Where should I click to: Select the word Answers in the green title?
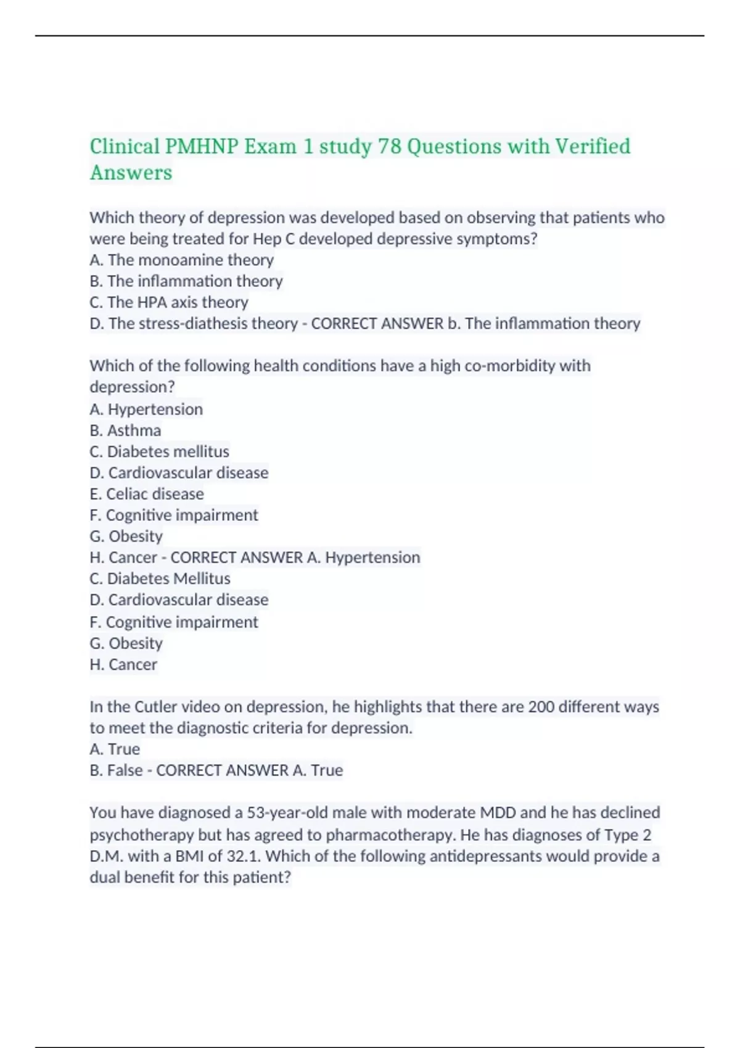pos(131,173)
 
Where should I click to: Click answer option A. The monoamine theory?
pos(181,260)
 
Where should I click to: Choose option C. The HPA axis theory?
pos(168,302)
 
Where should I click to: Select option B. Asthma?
pos(125,430)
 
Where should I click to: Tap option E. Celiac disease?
pos(146,494)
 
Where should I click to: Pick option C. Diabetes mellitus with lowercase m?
pos(159,451)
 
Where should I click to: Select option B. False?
pos(116,771)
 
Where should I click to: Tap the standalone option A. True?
pos(115,749)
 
